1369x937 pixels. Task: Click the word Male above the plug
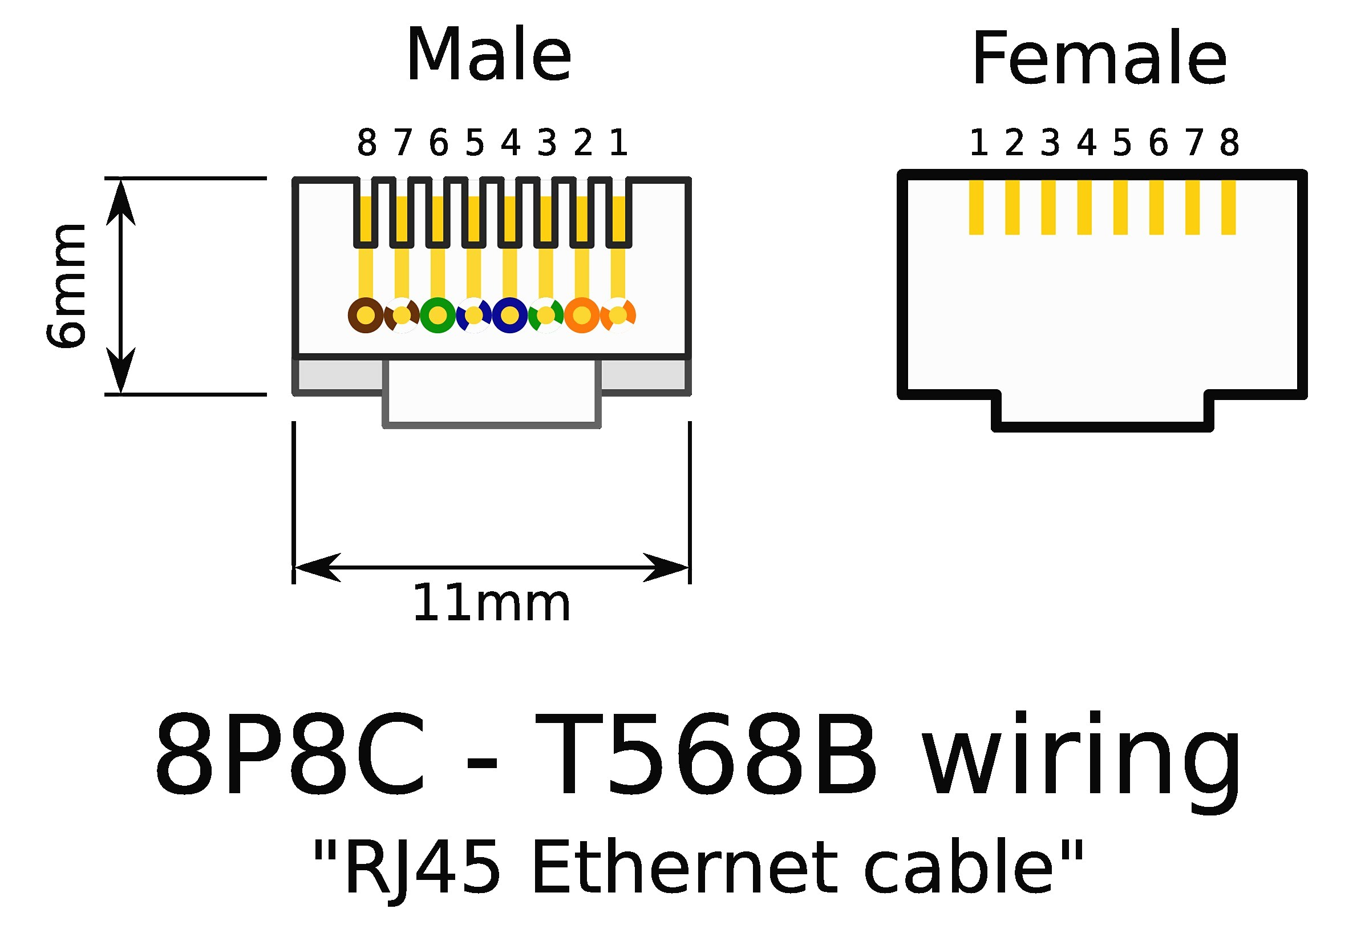point(488,56)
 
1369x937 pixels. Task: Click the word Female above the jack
point(1099,59)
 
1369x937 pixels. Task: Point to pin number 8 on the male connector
point(366,143)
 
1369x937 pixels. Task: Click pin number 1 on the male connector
point(618,143)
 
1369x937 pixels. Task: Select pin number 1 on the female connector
point(978,143)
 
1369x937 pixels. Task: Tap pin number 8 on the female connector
point(1229,143)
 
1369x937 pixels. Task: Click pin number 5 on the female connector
point(1121,143)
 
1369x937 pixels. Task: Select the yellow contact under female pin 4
point(1084,208)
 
